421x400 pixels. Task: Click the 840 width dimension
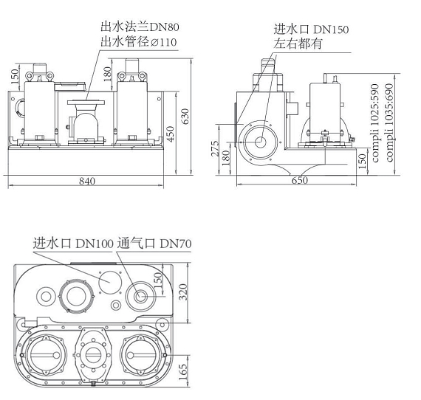(x=87, y=181)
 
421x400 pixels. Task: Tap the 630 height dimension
(x=185, y=116)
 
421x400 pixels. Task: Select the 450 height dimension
(x=170, y=134)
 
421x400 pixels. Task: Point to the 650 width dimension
(x=299, y=180)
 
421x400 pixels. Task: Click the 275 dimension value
(x=215, y=148)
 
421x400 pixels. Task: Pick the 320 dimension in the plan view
(x=183, y=292)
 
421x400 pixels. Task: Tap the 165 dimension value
(x=182, y=371)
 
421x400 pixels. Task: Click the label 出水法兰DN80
(x=140, y=27)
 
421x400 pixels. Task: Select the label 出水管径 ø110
(x=139, y=42)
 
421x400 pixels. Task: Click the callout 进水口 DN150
(x=311, y=29)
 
